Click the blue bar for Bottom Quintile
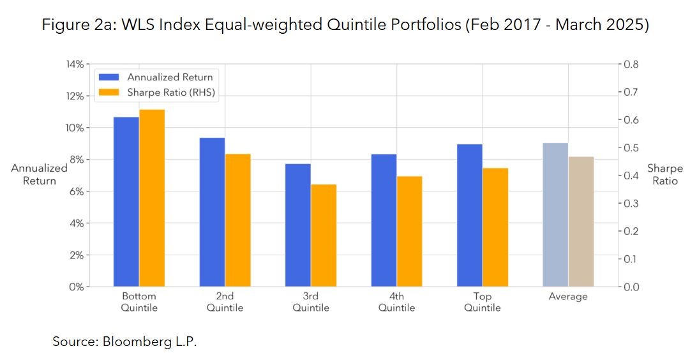click(x=126, y=202)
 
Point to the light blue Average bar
click(x=555, y=214)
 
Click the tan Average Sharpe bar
click(x=581, y=221)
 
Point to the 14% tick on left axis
click(x=75, y=64)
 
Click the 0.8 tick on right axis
click(x=630, y=64)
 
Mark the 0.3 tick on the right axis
click(x=630, y=204)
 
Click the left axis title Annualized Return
click(x=39, y=174)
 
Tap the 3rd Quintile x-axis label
click(x=311, y=302)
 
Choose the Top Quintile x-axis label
click(x=482, y=302)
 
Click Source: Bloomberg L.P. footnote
click(x=124, y=341)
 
